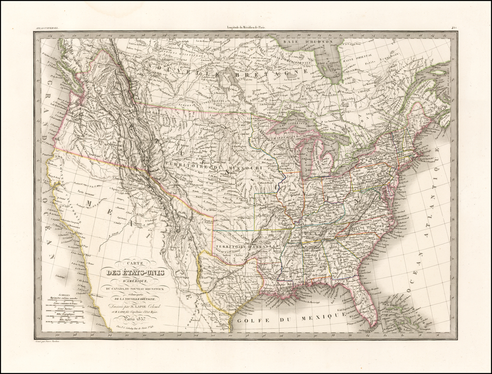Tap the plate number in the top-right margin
(453, 29)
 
